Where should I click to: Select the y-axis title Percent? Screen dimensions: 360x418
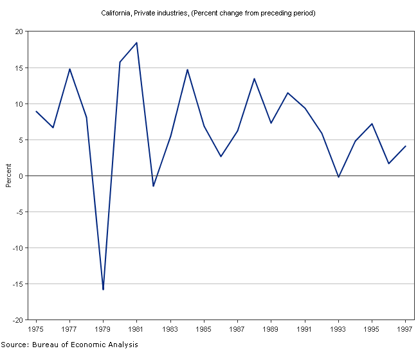coord(8,175)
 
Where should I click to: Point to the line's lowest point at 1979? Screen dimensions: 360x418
coord(103,289)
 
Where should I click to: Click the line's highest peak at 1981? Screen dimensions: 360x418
coord(136,43)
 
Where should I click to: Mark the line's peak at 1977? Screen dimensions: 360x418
coord(69,69)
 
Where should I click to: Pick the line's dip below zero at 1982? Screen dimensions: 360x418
coord(153,186)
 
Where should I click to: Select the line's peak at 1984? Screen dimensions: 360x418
coord(187,69)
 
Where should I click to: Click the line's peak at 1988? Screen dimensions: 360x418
coord(254,78)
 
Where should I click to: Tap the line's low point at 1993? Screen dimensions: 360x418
coord(338,177)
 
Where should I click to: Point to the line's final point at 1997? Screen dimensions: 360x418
coord(405,146)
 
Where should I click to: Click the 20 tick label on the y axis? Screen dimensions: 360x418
coord(19,32)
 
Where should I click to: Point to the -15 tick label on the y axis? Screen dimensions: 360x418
coord(17,283)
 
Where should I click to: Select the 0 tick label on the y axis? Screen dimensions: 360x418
coord(21,175)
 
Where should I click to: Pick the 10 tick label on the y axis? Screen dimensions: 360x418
coord(19,104)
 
